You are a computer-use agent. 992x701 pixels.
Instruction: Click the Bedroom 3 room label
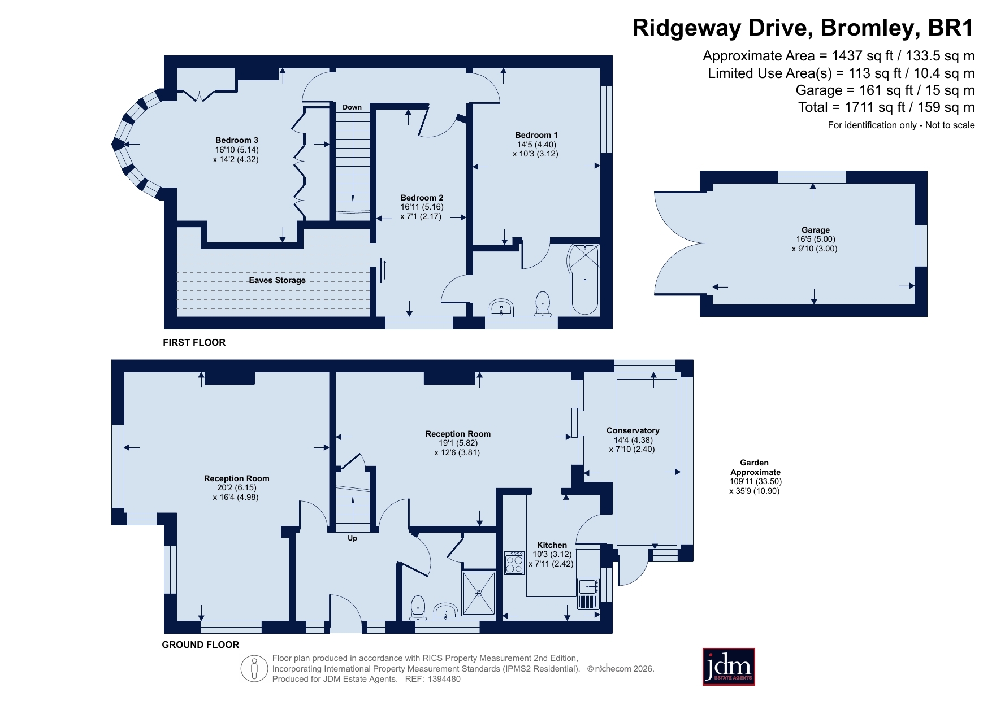[x=236, y=140]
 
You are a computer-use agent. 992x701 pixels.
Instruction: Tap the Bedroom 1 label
[x=536, y=135]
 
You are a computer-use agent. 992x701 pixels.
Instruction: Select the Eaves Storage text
[x=277, y=280]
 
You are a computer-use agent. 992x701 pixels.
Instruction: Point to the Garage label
[x=815, y=230]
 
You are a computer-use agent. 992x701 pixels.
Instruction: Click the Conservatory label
[x=633, y=430]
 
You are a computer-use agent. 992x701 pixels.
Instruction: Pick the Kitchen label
[x=552, y=545]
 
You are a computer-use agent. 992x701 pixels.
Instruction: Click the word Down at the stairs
[x=352, y=107]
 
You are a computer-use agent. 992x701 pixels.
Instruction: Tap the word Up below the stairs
[x=352, y=538]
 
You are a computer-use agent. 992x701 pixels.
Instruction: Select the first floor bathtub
[x=583, y=279]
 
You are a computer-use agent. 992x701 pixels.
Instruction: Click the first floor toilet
[x=543, y=304]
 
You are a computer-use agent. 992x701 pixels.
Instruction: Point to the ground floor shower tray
[x=479, y=593]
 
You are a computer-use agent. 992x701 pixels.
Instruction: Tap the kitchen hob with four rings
[x=514, y=563]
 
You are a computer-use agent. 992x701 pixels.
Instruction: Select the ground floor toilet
[x=418, y=607]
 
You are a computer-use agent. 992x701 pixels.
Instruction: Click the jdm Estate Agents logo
[x=729, y=667]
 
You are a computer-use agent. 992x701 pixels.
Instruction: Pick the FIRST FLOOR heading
[x=194, y=342]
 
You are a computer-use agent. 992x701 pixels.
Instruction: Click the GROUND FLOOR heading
[x=200, y=645]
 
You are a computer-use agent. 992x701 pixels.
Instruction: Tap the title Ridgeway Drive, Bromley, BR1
[x=803, y=28]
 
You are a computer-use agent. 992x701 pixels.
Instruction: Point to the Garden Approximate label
[x=755, y=467]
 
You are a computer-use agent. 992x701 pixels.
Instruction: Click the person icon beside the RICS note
[x=254, y=669]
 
